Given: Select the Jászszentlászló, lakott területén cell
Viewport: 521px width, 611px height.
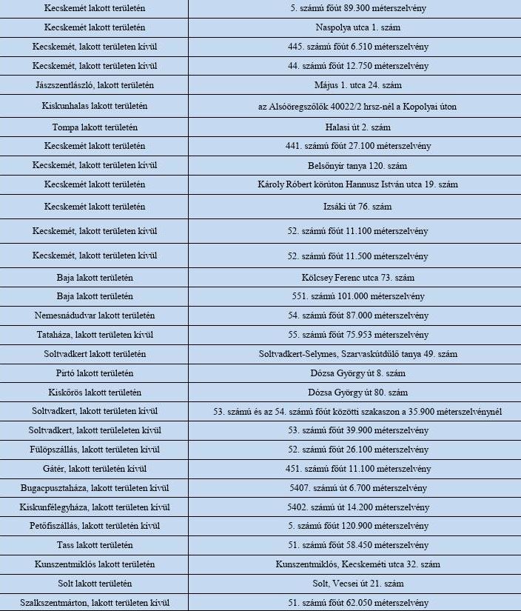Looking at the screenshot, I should (95, 85).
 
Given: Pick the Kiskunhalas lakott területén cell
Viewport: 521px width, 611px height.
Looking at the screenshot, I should (95, 106).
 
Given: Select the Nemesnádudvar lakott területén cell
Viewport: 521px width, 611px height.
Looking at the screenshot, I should (95, 315).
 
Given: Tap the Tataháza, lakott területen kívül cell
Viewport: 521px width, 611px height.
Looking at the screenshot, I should (95, 335).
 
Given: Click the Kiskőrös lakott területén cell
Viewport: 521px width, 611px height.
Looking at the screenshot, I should (95, 393).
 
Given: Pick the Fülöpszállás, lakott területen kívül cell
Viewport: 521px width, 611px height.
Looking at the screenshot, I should (95, 450).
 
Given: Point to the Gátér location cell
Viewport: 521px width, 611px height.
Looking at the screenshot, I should (95, 469).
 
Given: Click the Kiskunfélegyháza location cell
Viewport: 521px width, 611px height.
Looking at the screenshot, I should (95, 507).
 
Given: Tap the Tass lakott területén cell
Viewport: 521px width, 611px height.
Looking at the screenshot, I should (95, 545).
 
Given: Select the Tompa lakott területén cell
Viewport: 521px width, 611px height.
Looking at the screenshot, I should (95, 127).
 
